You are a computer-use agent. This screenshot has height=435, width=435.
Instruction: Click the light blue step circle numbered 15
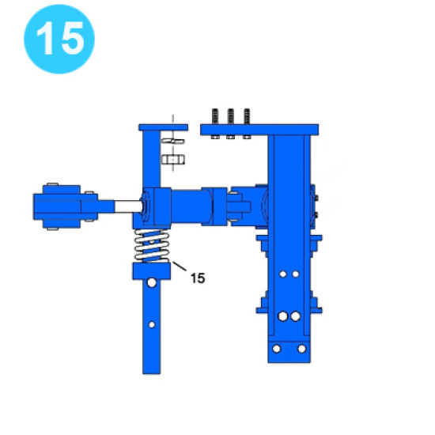pos(59,39)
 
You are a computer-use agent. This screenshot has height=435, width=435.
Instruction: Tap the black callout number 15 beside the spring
pos(198,278)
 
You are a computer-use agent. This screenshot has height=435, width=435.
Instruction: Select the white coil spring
pos(152,246)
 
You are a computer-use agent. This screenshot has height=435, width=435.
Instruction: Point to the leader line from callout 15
pos(180,266)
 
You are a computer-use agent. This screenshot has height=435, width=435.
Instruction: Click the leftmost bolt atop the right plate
pos(215,123)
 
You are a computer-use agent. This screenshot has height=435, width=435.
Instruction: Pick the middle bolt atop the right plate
pos(230,123)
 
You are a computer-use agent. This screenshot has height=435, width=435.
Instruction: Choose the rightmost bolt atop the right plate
pos(247,123)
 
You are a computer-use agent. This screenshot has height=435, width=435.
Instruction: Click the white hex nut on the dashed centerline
pos(173,160)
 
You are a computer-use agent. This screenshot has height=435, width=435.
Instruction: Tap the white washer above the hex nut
pos(173,142)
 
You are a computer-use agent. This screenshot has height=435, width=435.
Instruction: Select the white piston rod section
pos(128,206)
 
